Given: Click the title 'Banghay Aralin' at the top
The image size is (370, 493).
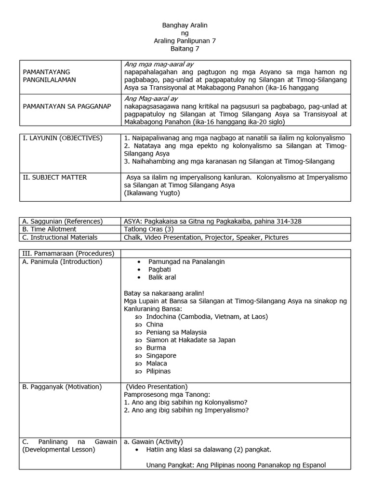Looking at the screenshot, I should tap(185, 25).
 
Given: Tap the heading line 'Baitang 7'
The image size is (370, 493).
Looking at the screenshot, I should tap(185, 49).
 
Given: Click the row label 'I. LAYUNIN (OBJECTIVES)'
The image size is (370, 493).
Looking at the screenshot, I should tap(63, 138).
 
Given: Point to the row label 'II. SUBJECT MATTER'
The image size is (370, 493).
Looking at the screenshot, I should tap(55, 178).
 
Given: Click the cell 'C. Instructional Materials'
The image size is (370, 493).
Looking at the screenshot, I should tap(60, 237).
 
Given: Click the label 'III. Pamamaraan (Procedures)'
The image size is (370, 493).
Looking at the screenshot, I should tap(68, 254).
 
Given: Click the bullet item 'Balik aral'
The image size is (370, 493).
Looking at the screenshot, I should tap(162, 277).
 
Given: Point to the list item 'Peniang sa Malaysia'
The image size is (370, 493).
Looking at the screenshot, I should tap(176, 332).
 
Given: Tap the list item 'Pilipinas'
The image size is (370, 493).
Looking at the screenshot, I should tap(159, 371).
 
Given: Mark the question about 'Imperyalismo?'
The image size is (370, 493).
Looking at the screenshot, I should tap(186, 410).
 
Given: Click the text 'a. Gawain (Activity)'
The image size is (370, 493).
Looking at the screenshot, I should tap(154, 441).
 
